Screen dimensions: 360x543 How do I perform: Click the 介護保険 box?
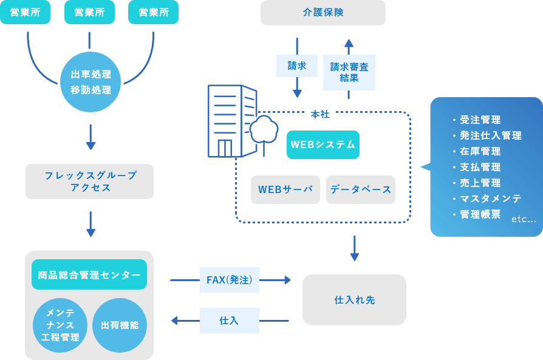(323, 13)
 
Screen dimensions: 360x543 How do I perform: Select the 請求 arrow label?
(296, 66)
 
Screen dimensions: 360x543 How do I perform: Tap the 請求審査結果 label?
(349, 72)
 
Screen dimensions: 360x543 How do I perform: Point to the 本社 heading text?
(320, 114)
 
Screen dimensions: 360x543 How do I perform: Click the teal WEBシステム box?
(323, 144)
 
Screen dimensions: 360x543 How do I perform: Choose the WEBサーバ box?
(285, 189)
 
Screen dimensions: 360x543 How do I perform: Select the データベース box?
(360, 189)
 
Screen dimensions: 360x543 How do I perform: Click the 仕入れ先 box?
(354, 300)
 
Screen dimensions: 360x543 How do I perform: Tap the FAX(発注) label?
(229, 280)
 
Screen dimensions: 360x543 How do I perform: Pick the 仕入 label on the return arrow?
(229, 321)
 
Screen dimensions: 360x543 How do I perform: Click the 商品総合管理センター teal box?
(89, 275)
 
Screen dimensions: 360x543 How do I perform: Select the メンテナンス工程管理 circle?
(60, 325)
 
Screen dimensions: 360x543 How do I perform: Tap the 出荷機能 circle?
(120, 325)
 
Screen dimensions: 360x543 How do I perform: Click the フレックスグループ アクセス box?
(89, 182)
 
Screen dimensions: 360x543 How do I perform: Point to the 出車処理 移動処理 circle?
(90, 82)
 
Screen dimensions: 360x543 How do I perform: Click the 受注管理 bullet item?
(480, 120)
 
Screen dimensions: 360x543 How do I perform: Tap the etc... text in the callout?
(524, 219)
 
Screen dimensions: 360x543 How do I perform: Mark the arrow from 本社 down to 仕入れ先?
(354, 248)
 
